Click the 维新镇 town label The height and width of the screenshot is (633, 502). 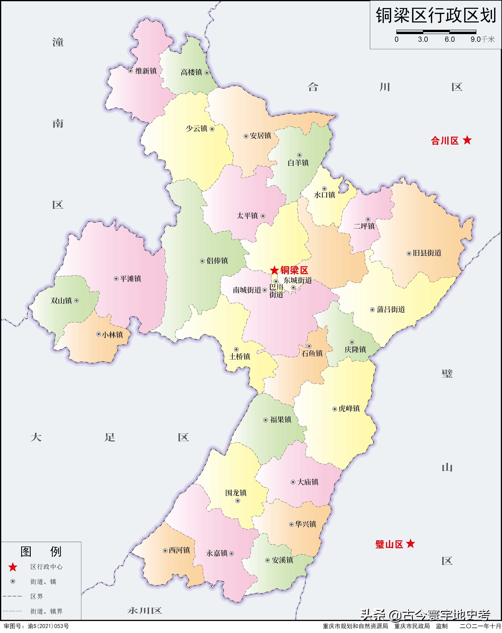[146, 71]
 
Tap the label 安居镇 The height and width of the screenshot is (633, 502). [260, 136]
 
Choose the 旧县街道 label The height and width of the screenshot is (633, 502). [427, 253]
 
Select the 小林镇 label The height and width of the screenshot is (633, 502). [112, 335]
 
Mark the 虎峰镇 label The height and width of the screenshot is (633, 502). [349, 409]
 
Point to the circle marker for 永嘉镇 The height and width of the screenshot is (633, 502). [231, 553]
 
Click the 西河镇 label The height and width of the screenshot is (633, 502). [179, 550]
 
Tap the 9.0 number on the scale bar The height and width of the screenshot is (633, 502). [476, 39]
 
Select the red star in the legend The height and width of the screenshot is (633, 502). [13, 567]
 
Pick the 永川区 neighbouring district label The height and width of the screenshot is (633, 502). [145, 611]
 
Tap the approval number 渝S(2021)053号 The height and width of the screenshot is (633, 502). [48, 626]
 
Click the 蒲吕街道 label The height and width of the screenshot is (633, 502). [391, 309]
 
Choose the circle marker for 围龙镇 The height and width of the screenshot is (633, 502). [238, 501]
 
